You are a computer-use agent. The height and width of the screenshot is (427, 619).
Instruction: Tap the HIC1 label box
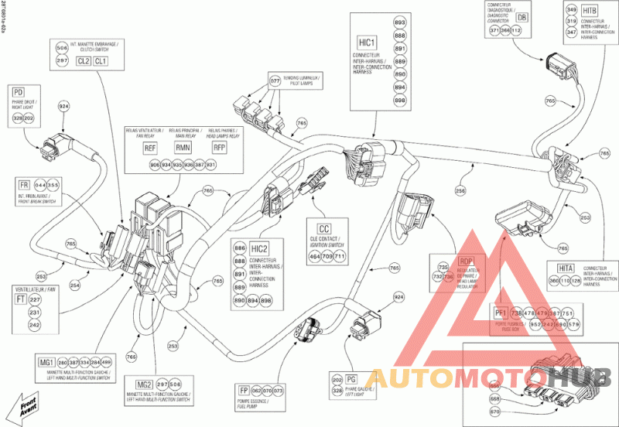point(366,43)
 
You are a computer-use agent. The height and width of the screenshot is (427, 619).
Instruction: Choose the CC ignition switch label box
point(324,229)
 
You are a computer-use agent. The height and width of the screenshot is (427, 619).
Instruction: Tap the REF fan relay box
point(151,148)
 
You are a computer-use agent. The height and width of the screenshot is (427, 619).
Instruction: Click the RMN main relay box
point(183,148)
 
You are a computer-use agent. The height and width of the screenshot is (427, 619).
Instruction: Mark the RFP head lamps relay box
point(221,148)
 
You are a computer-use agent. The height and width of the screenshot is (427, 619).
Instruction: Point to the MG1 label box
point(46,363)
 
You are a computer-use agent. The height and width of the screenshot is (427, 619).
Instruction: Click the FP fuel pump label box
point(241,391)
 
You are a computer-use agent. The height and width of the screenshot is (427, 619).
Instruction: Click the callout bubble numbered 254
point(75,285)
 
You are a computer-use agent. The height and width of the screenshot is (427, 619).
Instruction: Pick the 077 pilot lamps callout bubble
point(275,80)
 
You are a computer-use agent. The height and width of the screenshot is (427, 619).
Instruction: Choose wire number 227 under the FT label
point(34,300)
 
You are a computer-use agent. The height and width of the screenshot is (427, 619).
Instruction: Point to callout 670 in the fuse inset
point(495,412)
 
